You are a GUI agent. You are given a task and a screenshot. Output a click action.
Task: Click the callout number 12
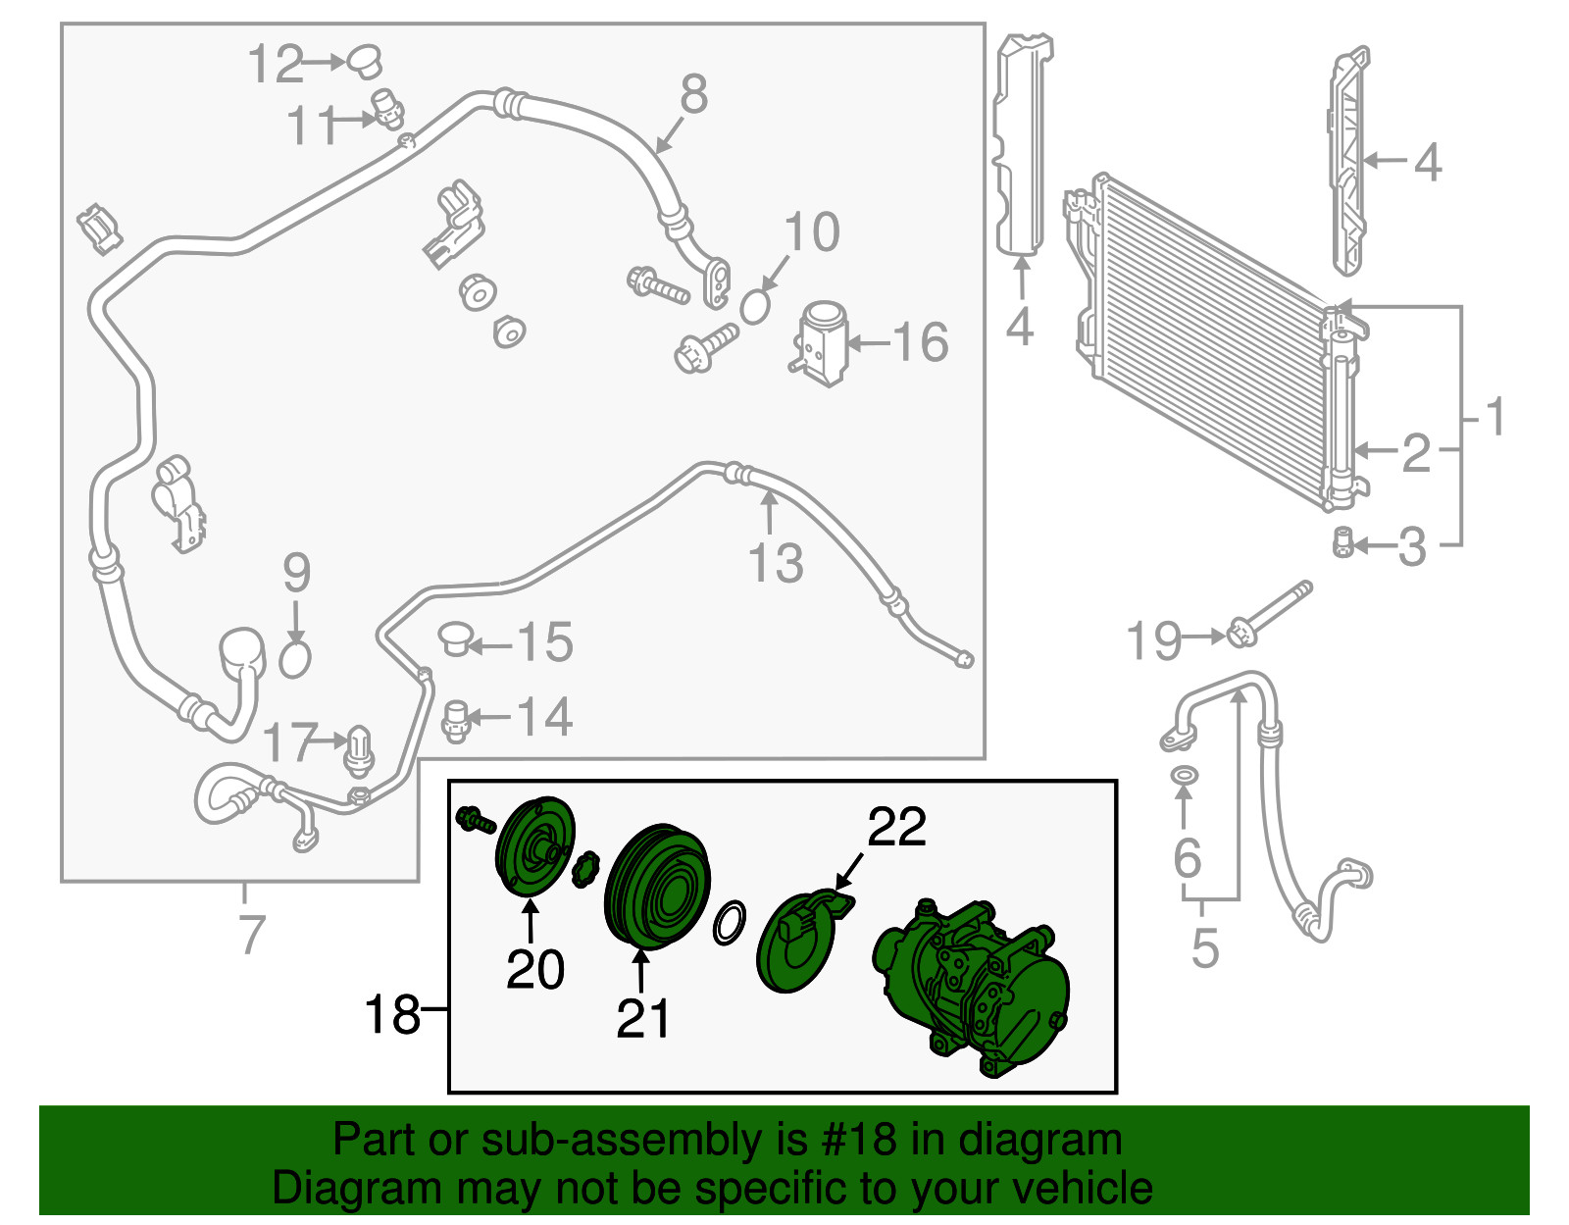276,65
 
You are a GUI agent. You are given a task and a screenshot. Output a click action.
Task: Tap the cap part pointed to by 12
365,61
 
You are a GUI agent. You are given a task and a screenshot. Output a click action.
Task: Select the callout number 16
921,342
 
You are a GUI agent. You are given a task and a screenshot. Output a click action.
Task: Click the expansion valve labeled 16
821,343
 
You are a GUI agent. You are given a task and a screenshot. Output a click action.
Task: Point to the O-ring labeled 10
755,307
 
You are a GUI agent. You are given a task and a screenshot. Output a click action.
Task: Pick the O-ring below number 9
294,659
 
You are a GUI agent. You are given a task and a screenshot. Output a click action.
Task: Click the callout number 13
776,564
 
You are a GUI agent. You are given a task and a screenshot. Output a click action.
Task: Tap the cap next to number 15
455,638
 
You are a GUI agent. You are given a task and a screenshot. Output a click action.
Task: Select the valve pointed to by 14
456,721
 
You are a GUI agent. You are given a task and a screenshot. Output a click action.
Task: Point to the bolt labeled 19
1269,615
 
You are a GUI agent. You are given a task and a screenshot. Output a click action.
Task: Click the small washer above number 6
1184,776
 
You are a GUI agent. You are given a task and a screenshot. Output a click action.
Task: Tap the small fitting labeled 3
1342,543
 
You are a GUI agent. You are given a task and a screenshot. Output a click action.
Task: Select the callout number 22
896,827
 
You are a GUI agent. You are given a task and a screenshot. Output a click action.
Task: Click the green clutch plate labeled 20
535,848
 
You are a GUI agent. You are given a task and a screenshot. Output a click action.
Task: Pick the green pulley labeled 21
657,886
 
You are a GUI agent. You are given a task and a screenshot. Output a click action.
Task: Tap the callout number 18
392,1014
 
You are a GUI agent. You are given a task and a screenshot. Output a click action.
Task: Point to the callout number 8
694,94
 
